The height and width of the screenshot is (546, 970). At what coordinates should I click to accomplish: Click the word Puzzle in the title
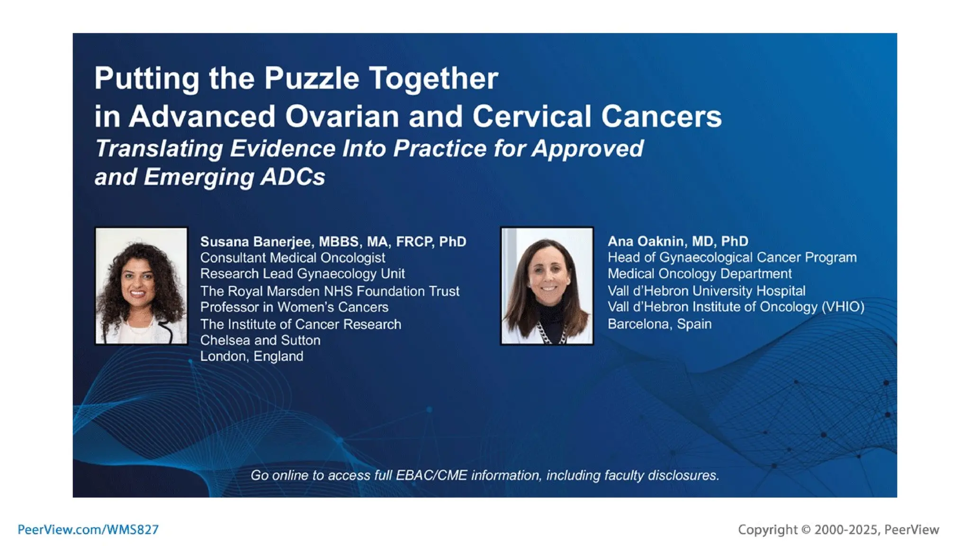[x=311, y=78]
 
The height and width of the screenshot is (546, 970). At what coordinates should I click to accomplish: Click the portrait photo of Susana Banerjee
[x=141, y=286]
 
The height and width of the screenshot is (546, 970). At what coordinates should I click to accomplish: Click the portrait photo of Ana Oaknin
[x=547, y=286]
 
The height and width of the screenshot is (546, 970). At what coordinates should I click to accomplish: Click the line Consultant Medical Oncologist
[x=292, y=258]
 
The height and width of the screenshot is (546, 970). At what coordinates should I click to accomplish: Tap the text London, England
[x=251, y=356]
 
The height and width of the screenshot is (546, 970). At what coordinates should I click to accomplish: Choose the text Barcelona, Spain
[x=659, y=324]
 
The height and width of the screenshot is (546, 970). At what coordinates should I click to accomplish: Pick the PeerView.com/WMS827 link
[x=88, y=529]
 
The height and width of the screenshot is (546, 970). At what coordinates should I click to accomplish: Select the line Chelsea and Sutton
[x=260, y=340]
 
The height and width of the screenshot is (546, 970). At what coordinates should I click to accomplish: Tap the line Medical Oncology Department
[x=699, y=274]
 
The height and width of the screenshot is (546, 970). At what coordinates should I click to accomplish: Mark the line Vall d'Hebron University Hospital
[x=706, y=291]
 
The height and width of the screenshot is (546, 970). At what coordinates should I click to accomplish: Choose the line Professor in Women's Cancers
[x=294, y=307]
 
